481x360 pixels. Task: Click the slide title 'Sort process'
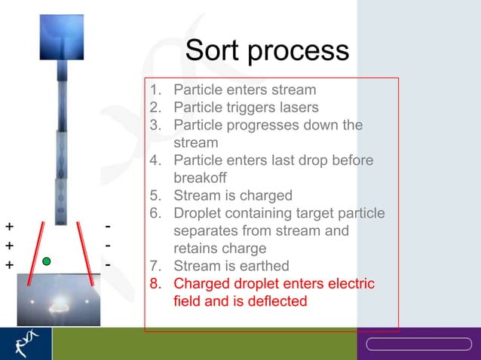267,51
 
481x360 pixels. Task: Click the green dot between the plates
47,261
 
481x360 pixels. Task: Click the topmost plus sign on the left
9,226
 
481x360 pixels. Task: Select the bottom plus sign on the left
9,265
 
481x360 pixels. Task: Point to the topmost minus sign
109,226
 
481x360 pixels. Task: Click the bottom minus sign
109,265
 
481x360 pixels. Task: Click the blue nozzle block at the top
62,37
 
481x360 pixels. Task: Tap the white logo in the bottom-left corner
25,344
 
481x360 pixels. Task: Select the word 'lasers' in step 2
296,107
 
